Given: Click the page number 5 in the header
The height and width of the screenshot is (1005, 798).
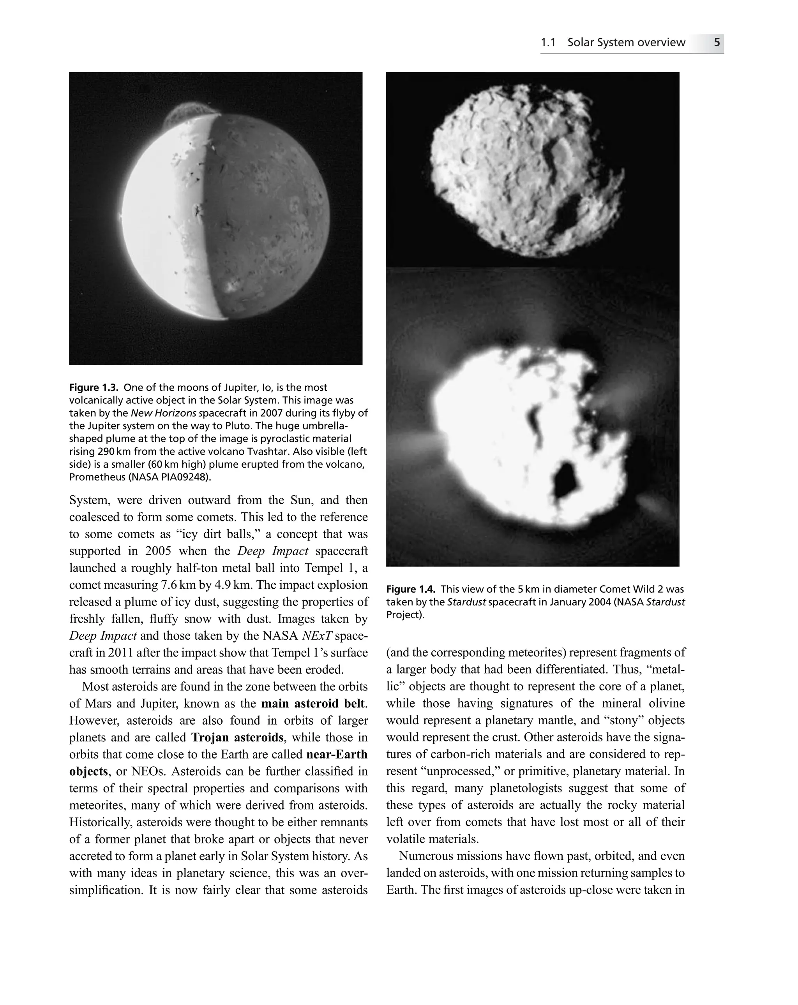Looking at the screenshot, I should pos(717,42).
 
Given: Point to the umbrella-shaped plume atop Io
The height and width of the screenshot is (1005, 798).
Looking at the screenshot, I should pos(190,111).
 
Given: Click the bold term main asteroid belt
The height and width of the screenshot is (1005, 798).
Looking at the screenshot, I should pos(313,703).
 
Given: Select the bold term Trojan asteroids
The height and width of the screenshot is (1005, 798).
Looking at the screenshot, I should pos(237,737).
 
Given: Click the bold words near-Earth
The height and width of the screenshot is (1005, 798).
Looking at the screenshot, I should pos(337,754).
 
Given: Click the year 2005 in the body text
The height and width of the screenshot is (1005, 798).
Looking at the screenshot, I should pos(158,551).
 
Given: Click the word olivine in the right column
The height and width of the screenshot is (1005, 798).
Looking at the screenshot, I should pos(666,703).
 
